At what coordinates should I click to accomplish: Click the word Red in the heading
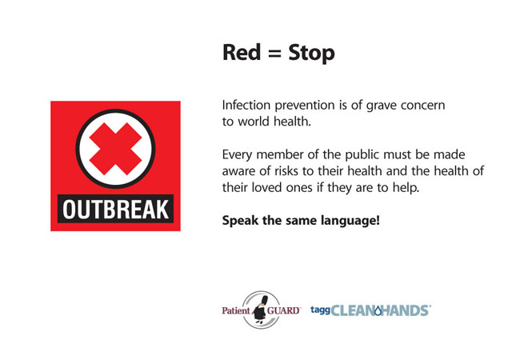pos(242,52)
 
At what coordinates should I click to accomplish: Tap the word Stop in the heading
pos(312,53)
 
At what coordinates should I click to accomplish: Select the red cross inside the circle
pos(115,149)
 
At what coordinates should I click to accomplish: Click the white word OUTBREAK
pos(115,209)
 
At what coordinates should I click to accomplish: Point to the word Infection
pos(246,105)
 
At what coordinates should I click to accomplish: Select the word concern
pos(423,106)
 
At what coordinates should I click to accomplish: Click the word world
pos(254,122)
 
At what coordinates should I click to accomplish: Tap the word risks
pos(287,171)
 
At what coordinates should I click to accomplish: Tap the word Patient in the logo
pos(236,310)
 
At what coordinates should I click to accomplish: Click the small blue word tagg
pos(320,310)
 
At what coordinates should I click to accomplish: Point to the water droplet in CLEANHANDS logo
pos(378,310)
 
